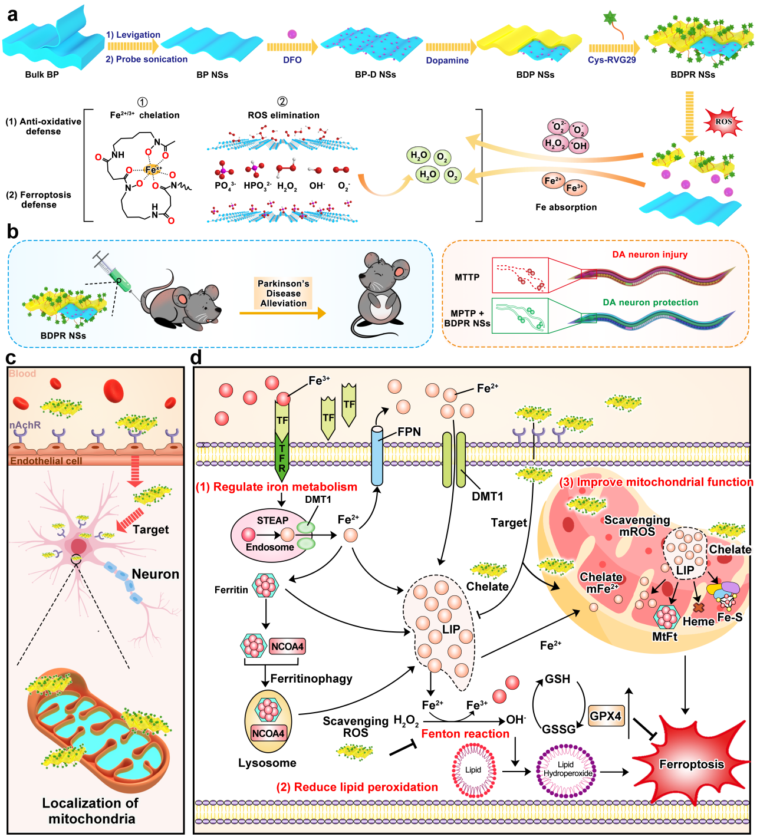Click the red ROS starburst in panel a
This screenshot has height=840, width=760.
(x=723, y=122)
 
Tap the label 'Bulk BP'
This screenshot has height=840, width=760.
(x=42, y=75)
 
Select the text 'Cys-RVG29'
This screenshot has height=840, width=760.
(x=611, y=60)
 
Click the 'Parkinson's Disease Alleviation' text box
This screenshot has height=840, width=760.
(x=283, y=294)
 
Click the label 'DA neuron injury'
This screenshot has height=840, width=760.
(x=650, y=255)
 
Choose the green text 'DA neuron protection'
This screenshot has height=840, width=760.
(x=650, y=302)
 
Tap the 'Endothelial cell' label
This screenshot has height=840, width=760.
(x=46, y=461)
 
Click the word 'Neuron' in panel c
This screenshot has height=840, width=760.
(x=155, y=574)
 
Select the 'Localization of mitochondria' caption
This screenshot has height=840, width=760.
(x=91, y=811)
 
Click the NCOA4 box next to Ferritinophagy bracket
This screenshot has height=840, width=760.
(x=287, y=647)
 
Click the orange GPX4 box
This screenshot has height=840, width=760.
(x=606, y=716)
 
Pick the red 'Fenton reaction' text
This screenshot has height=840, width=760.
(x=465, y=734)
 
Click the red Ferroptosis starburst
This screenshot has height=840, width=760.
(x=691, y=765)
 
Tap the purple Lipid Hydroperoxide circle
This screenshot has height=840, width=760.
(x=566, y=770)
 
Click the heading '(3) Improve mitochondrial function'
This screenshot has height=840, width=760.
(x=656, y=482)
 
